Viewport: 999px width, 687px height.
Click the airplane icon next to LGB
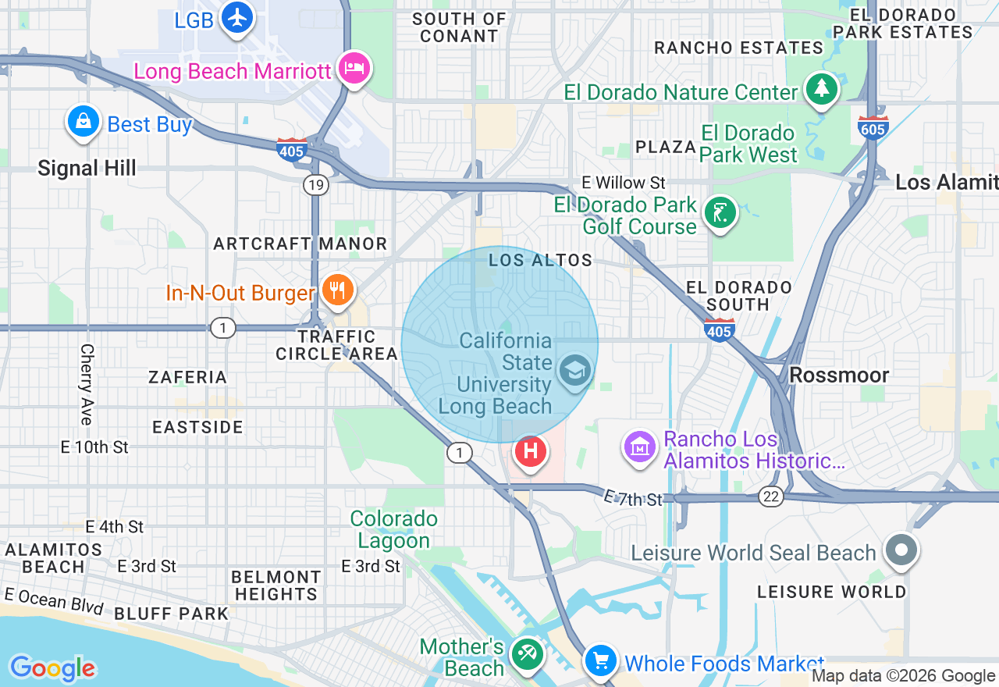tap(237, 17)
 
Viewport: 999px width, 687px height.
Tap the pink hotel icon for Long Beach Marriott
tap(354, 69)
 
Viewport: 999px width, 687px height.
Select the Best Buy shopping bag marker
tap(83, 122)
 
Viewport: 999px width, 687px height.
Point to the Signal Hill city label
tap(87, 168)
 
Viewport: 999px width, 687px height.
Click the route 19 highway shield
tap(316, 185)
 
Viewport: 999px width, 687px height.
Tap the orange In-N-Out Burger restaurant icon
tap(337, 290)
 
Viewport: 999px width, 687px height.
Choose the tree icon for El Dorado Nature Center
tap(821, 89)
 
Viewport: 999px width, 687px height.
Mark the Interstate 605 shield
tap(873, 128)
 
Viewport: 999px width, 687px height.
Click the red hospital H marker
tap(531, 451)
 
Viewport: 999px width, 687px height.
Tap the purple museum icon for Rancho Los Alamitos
tap(640, 448)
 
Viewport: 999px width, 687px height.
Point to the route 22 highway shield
tap(771, 497)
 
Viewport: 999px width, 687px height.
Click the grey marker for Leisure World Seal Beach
tap(901, 550)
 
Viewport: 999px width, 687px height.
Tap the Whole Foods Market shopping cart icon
tap(601, 660)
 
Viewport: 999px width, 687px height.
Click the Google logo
tap(52, 668)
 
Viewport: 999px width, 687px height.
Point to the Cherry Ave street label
tap(86, 384)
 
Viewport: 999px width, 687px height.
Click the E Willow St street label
tap(624, 183)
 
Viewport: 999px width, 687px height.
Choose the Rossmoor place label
tap(839, 375)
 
